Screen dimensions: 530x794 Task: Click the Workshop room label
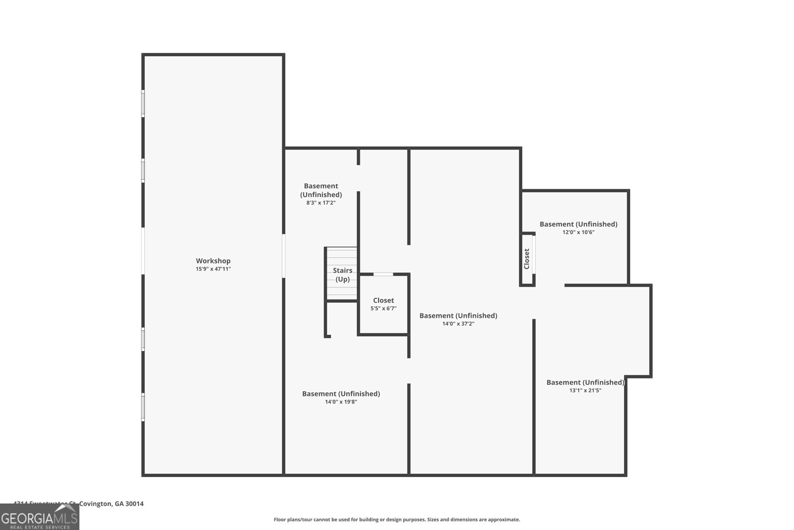pyautogui.click(x=213, y=261)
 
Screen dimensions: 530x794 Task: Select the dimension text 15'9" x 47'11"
pyautogui.click(x=213, y=269)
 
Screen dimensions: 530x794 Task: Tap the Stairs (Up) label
pyautogui.click(x=342, y=275)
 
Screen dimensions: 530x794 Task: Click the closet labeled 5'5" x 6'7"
pyautogui.click(x=383, y=304)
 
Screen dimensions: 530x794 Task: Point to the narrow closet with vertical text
pyautogui.click(x=527, y=259)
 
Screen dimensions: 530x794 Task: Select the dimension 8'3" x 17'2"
pyautogui.click(x=321, y=203)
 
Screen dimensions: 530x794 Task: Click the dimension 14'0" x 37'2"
pyautogui.click(x=458, y=324)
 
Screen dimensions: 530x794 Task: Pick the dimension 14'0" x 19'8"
pyautogui.click(x=341, y=402)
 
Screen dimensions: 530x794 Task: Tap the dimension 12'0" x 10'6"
pyautogui.click(x=578, y=232)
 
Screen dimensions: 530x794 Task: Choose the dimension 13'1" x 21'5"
pyautogui.click(x=585, y=390)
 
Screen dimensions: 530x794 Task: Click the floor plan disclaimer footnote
pyautogui.click(x=397, y=520)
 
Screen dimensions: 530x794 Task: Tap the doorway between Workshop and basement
pyautogui.click(x=284, y=256)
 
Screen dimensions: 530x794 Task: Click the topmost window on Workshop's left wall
pyautogui.click(x=143, y=103)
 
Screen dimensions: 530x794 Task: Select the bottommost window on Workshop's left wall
pyautogui.click(x=143, y=407)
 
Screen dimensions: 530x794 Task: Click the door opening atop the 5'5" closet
pyautogui.click(x=383, y=274)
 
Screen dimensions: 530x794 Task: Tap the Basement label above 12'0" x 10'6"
pyautogui.click(x=578, y=224)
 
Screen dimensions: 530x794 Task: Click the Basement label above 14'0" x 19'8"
pyautogui.click(x=341, y=394)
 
